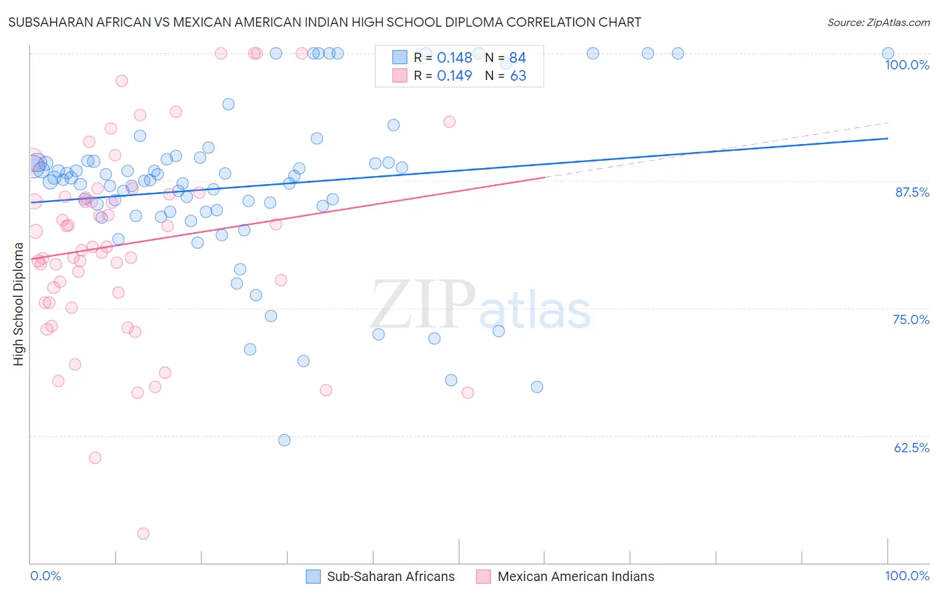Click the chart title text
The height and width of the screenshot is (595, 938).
(324, 22)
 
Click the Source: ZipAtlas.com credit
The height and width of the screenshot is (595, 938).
(878, 22)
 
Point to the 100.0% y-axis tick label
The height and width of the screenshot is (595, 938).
(907, 65)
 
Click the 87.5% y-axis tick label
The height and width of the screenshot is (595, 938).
(912, 192)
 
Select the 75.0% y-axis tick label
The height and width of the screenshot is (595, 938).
(911, 320)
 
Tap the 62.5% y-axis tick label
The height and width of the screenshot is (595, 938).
(911, 448)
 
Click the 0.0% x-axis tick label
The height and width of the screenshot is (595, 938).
(45, 576)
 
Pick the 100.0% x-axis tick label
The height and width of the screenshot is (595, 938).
(907, 576)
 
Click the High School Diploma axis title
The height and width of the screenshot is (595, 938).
(19, 304)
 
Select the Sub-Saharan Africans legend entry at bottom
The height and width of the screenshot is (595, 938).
(380, 576)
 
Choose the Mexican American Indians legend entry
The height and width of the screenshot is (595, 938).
(565, 576)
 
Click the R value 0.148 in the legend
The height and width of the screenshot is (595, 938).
(454, 58)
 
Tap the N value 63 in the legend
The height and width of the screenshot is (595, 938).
(518, 76)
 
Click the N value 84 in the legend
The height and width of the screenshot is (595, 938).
(518, 58)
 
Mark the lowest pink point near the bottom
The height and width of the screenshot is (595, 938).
(143, 534)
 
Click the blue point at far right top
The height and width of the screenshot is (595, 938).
(888, 53)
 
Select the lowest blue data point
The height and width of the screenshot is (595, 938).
(284, 440)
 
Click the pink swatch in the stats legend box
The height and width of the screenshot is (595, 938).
(400, 75)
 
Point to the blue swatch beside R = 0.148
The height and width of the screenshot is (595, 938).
(400, 57)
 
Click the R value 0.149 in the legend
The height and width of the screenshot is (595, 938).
(454, 76)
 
